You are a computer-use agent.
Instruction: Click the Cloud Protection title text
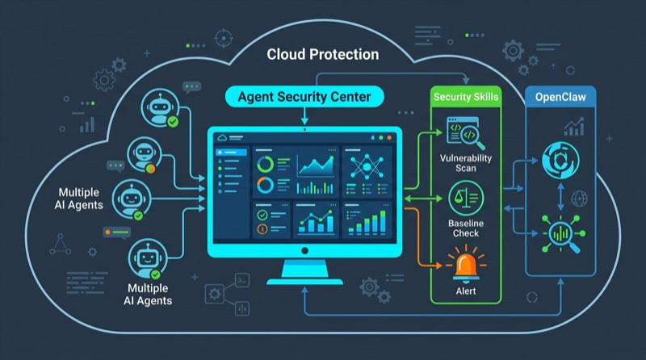coord(323,55)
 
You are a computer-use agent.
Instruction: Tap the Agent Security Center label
coord(304,97)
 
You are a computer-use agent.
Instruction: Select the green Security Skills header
coord(466,97)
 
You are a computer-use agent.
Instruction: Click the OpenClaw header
coord(560,97)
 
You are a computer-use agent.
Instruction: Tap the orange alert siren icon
coord(466,260)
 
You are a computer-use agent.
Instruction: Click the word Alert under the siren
coord(466,290)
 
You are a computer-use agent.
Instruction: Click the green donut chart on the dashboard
coord(264,164)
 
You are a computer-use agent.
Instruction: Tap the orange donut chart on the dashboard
coord(264,185)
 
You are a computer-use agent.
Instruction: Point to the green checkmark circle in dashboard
coord(262,216)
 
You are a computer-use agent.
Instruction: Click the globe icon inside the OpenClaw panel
coord(578,197)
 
